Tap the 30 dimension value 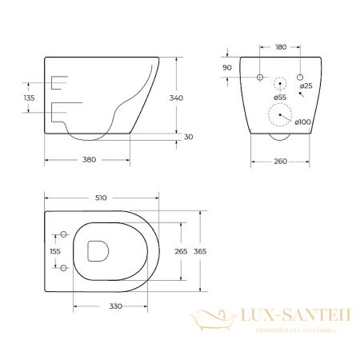pos(188,137)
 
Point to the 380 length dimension pos(89,159)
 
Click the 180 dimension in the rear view pos(279,46)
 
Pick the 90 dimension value pos(226,68)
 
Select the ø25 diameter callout pos(305,86)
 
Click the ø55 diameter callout pos(279,98)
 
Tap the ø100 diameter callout pos(304,122)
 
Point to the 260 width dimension pos(279,159)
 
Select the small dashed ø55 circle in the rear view pos(279,83)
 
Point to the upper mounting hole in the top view pos(63,234)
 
